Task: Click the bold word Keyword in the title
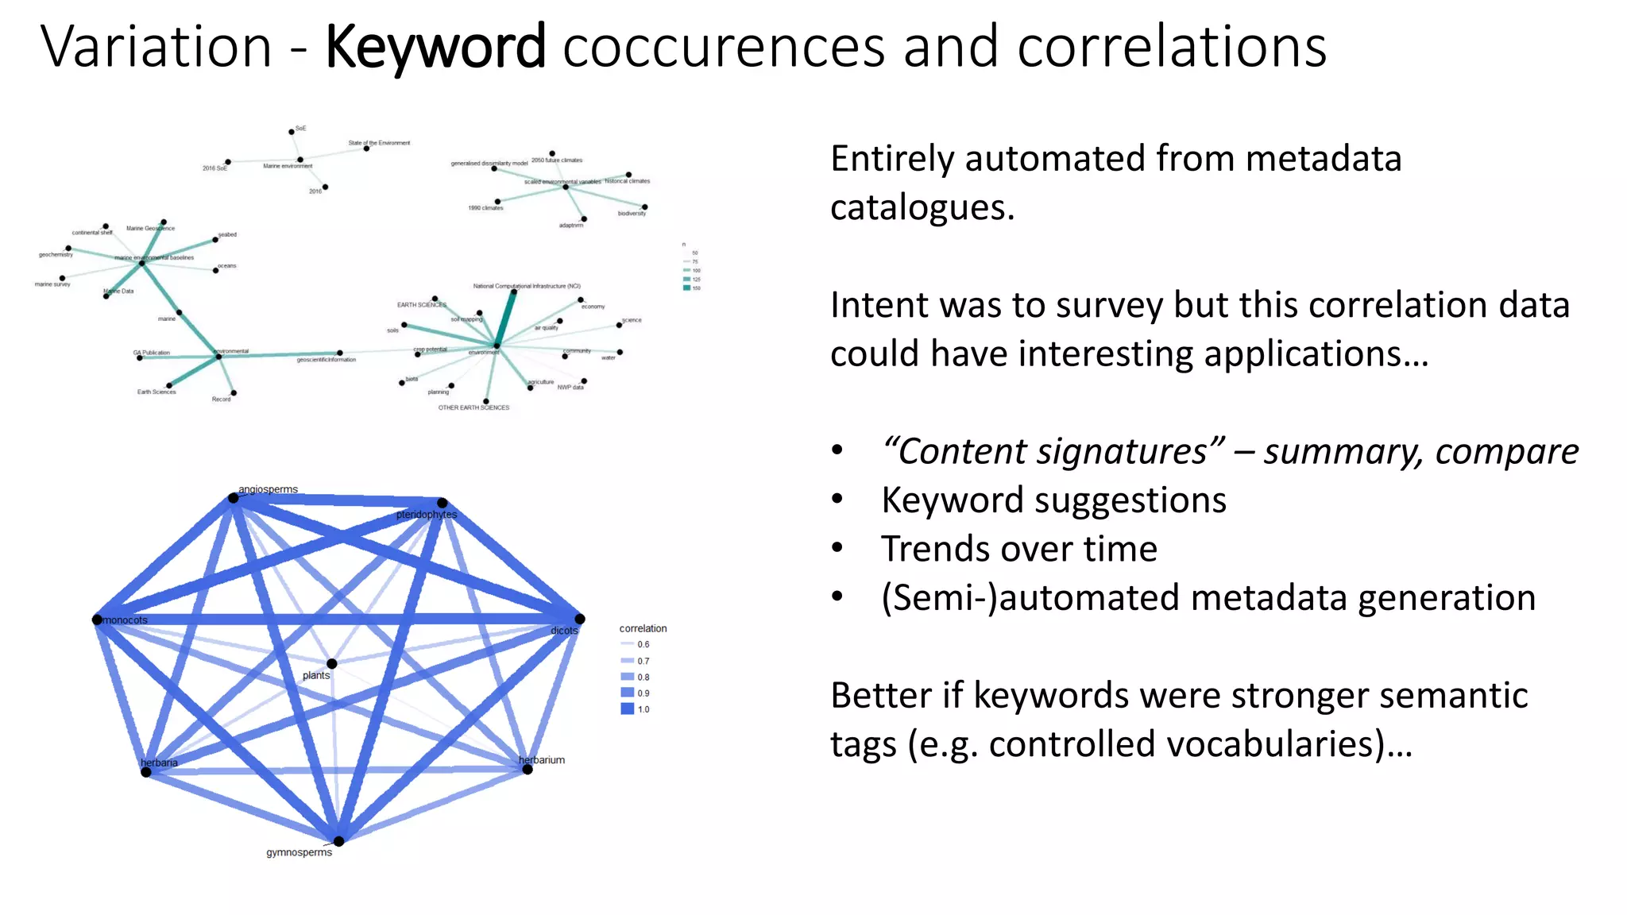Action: [435, 48]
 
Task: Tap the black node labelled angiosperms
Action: [233, 498]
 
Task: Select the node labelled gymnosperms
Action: [339, 841]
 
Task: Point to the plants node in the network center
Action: [331, 663]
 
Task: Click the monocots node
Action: [98, 620]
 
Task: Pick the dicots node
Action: [580, 619]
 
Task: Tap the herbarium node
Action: [528, 769]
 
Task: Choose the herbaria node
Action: [146, 772]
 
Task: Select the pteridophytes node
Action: [442, 503]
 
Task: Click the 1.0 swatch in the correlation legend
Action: [628, 709]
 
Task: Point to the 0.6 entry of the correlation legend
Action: [636, 644]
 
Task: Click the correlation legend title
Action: [643, 628]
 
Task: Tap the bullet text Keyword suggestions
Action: [1053, 500]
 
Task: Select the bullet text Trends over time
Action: [1018, 549]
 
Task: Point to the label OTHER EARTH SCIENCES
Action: [473, 407]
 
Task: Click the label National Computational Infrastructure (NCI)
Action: [527, 286]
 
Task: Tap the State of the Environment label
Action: [379, 143]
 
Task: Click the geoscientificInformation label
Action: [327, 360]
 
